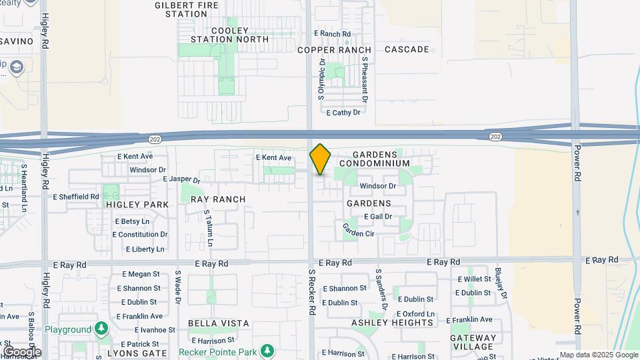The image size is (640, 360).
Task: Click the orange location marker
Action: [x=320, y=159]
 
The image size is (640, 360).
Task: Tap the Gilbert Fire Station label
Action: [x=181, y=9]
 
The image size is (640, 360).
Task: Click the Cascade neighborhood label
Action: [x=407, y=49]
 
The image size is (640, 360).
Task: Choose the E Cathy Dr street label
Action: [x=343, y=113]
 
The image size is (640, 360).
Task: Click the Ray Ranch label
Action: [x=218, y=199]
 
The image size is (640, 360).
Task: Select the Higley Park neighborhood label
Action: [x=137, y=205]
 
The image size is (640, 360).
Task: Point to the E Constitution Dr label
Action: [x=140, y=235]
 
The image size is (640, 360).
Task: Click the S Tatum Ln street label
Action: [x=208, y=229]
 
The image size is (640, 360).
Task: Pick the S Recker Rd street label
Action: [x=311, y=292]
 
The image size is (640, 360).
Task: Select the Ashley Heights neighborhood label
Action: [x=393, y=323]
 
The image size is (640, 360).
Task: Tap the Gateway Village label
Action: [x=473, y=342]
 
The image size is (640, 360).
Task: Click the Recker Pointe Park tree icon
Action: [x=267, y=350]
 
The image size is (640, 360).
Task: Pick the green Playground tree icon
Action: [x=101, y=329]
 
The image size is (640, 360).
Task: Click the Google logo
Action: [x=22, y=351]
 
